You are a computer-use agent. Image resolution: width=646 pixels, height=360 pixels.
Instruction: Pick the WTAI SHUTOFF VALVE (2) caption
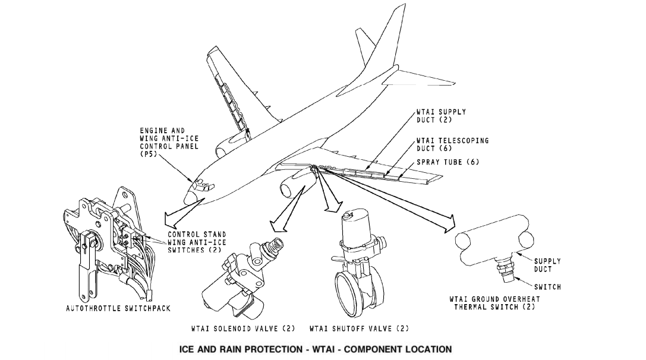pos(359,328)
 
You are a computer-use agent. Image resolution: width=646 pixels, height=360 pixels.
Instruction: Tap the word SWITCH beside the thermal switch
pos(547,287)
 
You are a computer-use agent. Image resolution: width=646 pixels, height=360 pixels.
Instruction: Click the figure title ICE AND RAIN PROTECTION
pos(315,349)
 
